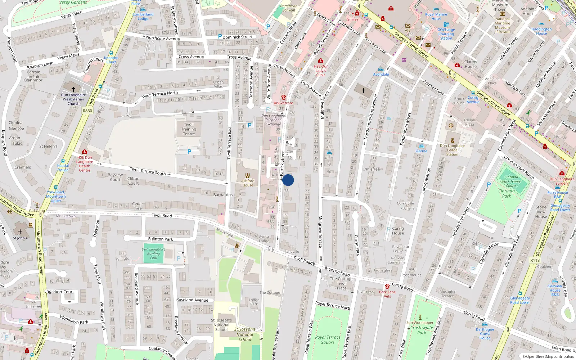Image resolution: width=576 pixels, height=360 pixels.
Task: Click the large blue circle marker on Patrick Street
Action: tap(288, 180)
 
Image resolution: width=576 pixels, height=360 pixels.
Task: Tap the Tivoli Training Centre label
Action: tap(189, 129)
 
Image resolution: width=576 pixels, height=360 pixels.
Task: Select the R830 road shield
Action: tap(87, 111)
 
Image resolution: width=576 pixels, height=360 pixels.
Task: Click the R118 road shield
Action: tap(535, 260)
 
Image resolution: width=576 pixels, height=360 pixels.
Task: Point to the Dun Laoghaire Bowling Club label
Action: tap(154, 253)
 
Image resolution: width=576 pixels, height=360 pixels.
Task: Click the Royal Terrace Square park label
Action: tap(328, 340)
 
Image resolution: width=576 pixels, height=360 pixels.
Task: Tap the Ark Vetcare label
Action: tap(283, 103)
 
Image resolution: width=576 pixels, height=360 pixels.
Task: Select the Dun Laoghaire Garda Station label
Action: tap(452, 150)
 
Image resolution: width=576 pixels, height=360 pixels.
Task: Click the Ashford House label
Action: tap(248, 183)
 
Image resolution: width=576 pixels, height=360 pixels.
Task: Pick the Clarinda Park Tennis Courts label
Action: tap(511, 181)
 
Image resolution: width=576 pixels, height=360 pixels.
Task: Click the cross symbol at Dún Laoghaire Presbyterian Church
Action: tap(73, 89)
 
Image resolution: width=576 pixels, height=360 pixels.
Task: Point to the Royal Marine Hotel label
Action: tap(436, 17)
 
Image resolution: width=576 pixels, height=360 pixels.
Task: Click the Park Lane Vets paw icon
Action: tap(387, 287)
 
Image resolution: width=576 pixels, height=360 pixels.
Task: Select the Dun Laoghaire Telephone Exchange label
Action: tap(273, 120)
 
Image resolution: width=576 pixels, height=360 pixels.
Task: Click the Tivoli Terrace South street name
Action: tap(148, 171)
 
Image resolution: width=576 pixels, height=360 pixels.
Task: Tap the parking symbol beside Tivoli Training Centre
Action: tap(189, 152)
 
